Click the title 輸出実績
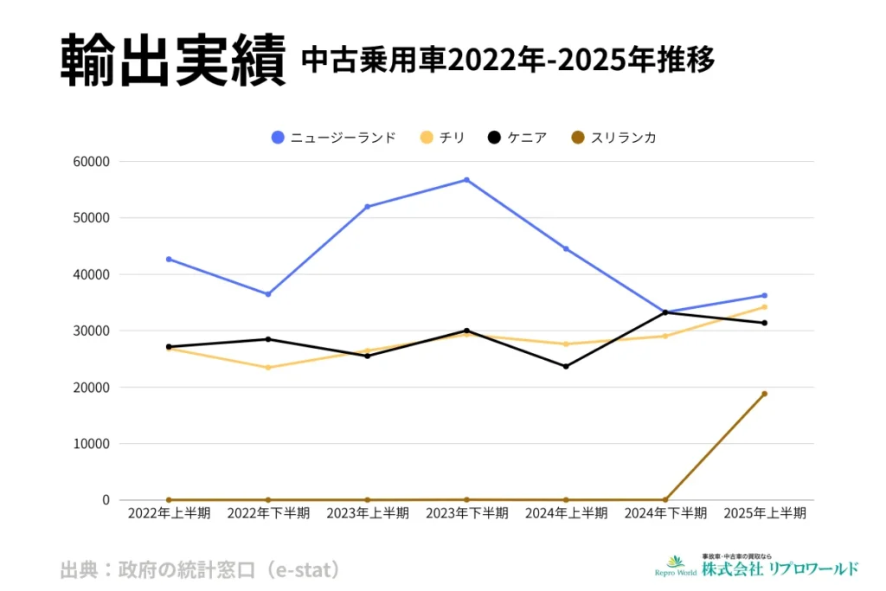[173, 61]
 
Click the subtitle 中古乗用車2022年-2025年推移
[508, 61]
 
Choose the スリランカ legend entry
[613, 137]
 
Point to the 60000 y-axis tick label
[93, 162]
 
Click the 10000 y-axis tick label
[93, 444]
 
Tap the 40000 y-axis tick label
[93, 274]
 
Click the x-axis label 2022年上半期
[169, 513]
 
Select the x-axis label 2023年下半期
[466, 513]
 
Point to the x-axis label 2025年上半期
[764, 513]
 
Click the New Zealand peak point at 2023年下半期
[466, 180]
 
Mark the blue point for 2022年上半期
[169, 259]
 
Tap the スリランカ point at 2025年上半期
[764, 394]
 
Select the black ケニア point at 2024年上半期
[566, 366]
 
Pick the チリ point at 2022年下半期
[268, 368]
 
